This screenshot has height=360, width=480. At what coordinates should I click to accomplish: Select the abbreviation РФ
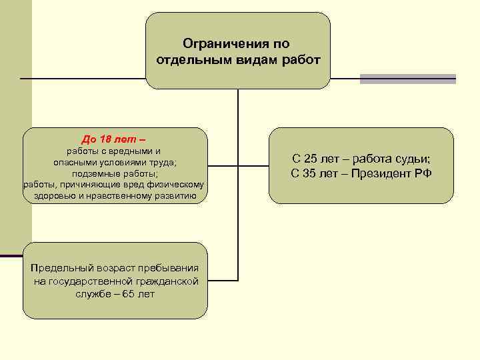pyautogui.click(x=423, y=174)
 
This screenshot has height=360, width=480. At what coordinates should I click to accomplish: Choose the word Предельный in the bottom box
pyautogui.click(x=59, y=268)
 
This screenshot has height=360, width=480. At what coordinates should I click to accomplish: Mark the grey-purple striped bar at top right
pyautogui.click(x=408, y=79)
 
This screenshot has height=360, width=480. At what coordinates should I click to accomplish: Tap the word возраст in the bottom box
pyautogui.click(x=110, y=268)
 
